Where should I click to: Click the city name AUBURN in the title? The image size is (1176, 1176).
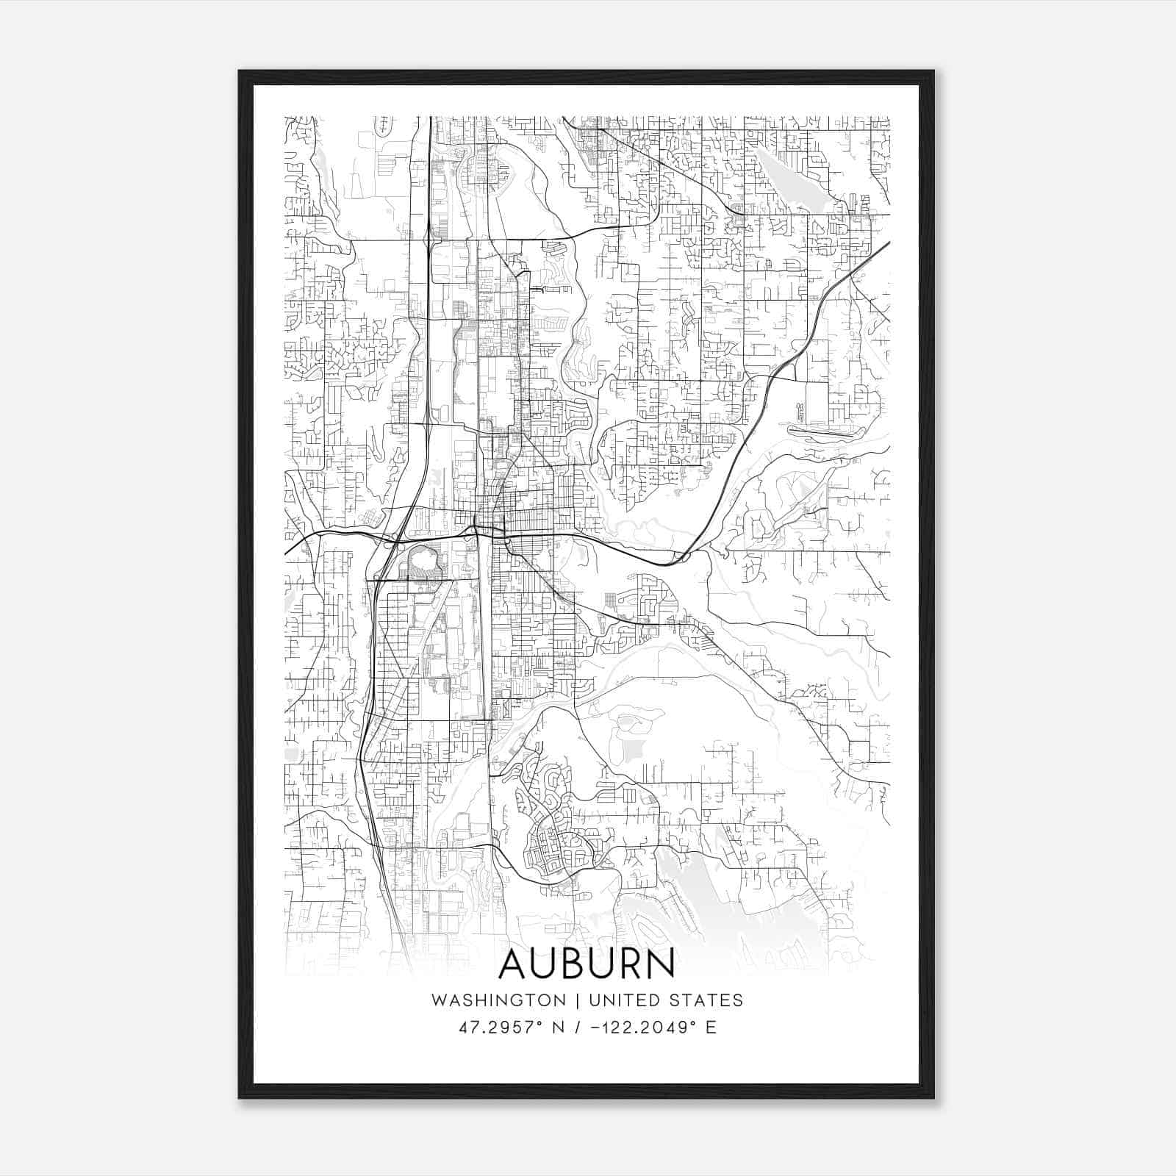point(587,964)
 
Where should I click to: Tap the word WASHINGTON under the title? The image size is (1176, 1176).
point(498,1000)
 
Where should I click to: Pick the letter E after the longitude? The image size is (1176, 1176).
point(711,1028)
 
